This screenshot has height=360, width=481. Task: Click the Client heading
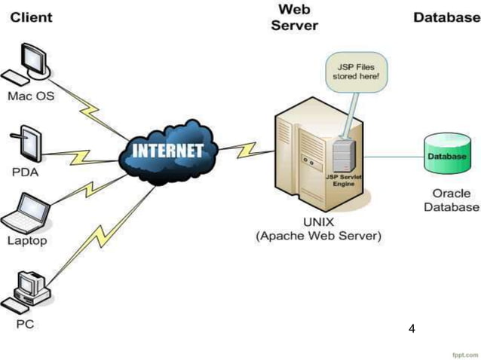(x=31, y=17)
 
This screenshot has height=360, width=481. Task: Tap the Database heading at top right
(x=446, y=17)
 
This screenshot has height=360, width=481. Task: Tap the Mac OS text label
(x=29, y=96)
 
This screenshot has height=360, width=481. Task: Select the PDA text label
(x=25, y=171)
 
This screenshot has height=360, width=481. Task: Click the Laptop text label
(x=27, y=241)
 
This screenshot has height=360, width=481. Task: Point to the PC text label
(x=25, y=325)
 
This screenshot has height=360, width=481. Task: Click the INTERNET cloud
(x=167, y=151)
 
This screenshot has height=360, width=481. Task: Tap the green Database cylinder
(x=446, y=155)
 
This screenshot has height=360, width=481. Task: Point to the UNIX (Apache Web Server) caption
(x=319, y=229)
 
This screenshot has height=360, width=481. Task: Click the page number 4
(x=412, y=328)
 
